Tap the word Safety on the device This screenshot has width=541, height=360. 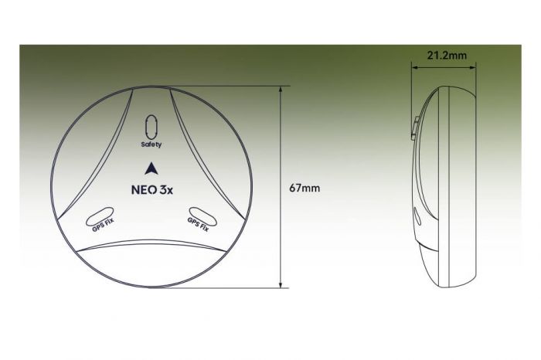[x=151, y=144]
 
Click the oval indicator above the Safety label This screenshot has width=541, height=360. [x=151, y=126]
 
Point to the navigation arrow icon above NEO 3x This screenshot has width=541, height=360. [x=151, y=168]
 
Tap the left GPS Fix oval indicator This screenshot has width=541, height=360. [x=102, y=216]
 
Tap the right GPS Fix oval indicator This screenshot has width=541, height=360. [x=200, y=216]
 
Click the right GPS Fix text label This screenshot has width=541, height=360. [x=199, y=225]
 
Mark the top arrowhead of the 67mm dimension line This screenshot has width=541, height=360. [x=280, y=88]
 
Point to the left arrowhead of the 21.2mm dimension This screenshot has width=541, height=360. [x=413, y=67]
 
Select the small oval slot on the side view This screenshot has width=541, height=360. [x=417, y=217]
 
